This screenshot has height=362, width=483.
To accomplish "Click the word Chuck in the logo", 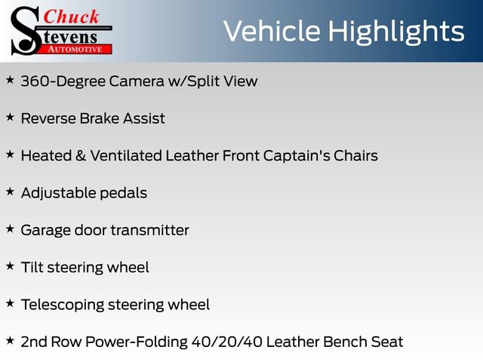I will [x=71, y=17].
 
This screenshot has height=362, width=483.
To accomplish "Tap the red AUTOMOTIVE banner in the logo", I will [x=75, y=49].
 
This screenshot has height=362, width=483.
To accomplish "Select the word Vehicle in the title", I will [x=272, y=31].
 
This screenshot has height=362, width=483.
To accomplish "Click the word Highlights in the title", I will [x=396, y=31].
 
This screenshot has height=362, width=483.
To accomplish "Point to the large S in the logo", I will [x=24, y=30].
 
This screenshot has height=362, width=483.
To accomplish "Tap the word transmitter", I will [x=150, y=230].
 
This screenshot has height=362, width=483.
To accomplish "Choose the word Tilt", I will [x=32, y=267].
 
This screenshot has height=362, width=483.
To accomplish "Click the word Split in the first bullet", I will [x=202, y=81].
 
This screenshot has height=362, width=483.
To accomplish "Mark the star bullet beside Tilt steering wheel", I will [x=10, y=265].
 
